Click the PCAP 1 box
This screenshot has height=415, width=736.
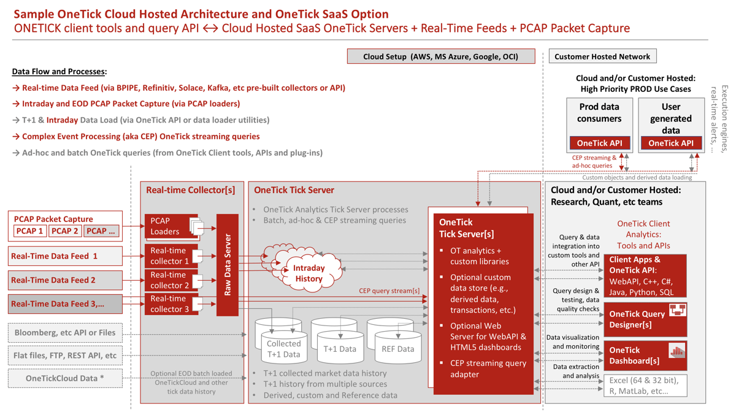(30, 231)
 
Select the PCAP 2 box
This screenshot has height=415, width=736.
(65, 231)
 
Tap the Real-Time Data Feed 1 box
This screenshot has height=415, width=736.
(66, 256)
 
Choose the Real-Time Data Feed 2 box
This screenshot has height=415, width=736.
(66, 280)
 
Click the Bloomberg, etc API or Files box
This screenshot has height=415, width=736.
(66, 333)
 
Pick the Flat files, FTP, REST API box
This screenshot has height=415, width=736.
(66, 356)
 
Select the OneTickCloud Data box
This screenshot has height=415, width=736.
(66, 378)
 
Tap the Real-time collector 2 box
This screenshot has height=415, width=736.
(171, 280)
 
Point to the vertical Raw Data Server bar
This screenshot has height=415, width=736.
(228, 265)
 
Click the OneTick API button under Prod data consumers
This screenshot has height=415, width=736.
(600, 143)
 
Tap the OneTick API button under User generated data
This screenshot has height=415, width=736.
(671, 143)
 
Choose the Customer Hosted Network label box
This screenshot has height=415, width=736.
(602, 56)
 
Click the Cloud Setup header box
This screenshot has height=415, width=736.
(441, 56)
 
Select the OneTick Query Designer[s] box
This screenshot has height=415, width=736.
(645, 320)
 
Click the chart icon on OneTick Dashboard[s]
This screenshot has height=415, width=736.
(677, 350)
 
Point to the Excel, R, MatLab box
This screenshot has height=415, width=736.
(645, 386)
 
